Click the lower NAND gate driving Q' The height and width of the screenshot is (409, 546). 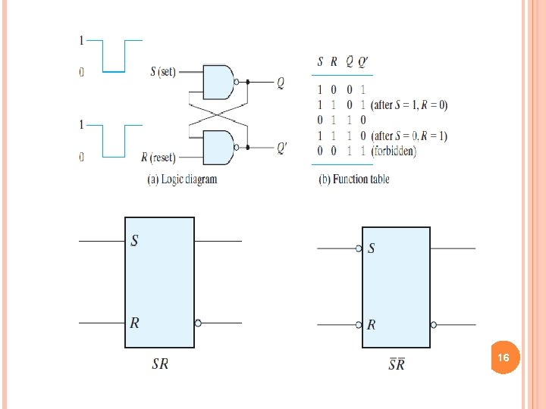(x=219, y=146)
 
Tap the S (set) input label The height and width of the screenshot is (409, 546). (x=163, y=72)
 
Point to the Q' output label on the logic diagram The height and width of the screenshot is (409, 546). (x=282, y=148)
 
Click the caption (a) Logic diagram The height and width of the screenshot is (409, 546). (x=181, y=180)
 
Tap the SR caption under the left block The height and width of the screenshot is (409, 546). (x=160, y=364)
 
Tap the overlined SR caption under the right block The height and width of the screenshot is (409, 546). (x=397, y=365)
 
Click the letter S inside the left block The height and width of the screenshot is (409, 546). (x=135, y=241)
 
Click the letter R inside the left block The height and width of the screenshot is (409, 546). (x=135, y=323)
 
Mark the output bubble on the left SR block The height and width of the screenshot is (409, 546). (x=198, y=323)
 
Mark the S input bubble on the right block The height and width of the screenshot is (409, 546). (x=359, y=248)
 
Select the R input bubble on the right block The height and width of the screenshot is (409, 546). (x=359, y=325)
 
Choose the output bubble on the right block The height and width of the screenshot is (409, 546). (x=434, y=325)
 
